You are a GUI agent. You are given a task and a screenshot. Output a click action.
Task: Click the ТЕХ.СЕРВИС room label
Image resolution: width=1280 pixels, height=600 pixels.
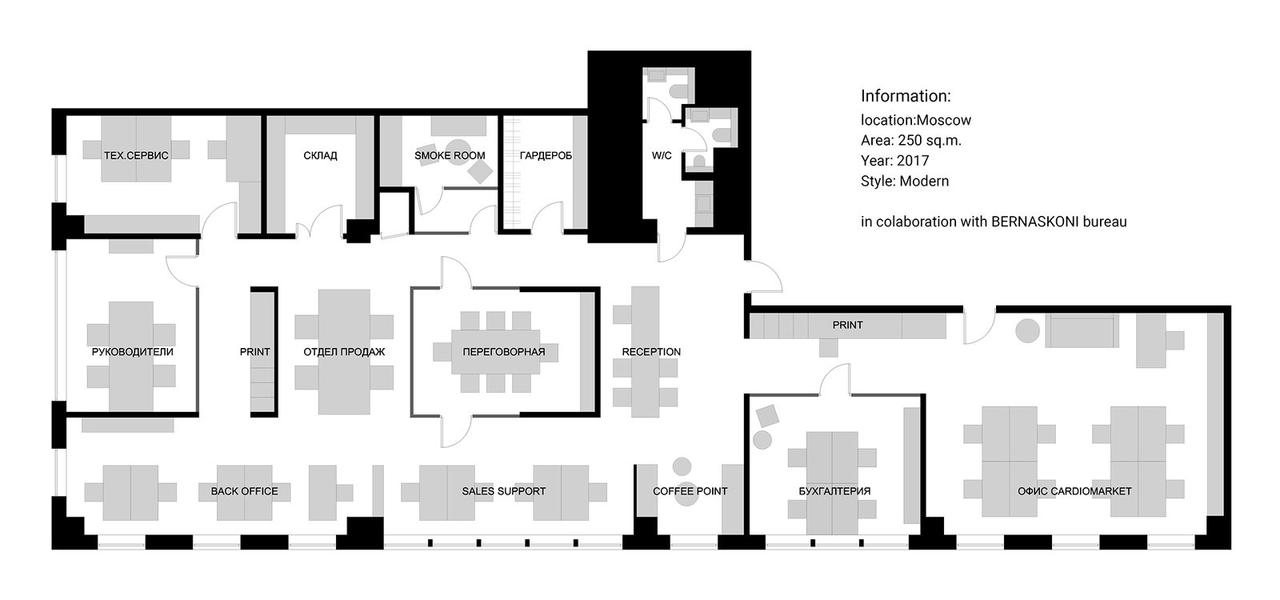136,155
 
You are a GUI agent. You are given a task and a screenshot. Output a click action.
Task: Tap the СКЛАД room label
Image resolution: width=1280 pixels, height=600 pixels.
320,155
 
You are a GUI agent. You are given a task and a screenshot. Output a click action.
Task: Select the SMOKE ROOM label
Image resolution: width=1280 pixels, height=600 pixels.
450,155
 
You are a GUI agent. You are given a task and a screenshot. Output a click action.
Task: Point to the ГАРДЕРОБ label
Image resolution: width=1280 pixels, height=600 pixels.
546,155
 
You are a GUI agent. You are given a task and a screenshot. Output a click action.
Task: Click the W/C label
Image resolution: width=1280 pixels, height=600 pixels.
662,155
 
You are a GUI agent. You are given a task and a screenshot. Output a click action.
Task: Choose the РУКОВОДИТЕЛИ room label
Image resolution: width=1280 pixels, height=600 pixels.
133,352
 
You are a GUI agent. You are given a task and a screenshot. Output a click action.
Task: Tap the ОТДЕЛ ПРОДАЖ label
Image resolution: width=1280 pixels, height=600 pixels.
344,352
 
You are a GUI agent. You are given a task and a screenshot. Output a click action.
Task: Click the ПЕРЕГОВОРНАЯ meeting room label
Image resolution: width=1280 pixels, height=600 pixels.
504,352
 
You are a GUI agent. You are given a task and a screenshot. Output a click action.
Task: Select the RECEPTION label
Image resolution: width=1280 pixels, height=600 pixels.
651,352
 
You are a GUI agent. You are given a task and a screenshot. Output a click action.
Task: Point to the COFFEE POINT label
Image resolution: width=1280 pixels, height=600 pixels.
690,491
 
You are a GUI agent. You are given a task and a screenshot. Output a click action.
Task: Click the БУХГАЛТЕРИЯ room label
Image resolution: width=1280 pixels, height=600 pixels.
835,491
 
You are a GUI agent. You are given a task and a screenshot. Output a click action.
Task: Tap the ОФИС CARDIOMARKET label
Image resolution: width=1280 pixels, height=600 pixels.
1074,491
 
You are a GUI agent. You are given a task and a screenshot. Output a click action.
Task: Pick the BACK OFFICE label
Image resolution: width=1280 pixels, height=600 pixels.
245,491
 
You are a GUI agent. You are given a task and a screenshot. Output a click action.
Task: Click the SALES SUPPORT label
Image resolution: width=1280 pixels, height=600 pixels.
504,491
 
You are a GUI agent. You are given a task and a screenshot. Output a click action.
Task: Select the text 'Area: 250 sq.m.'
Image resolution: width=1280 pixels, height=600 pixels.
911,141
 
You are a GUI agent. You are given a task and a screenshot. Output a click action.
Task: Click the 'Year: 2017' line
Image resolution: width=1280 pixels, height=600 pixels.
895,161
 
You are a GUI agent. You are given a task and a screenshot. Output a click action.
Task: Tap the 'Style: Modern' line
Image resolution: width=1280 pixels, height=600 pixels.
905,181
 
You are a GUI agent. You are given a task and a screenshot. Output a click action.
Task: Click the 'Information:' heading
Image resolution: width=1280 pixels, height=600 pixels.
906,96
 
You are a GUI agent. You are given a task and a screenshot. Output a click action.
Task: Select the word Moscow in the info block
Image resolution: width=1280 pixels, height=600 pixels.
943,120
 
